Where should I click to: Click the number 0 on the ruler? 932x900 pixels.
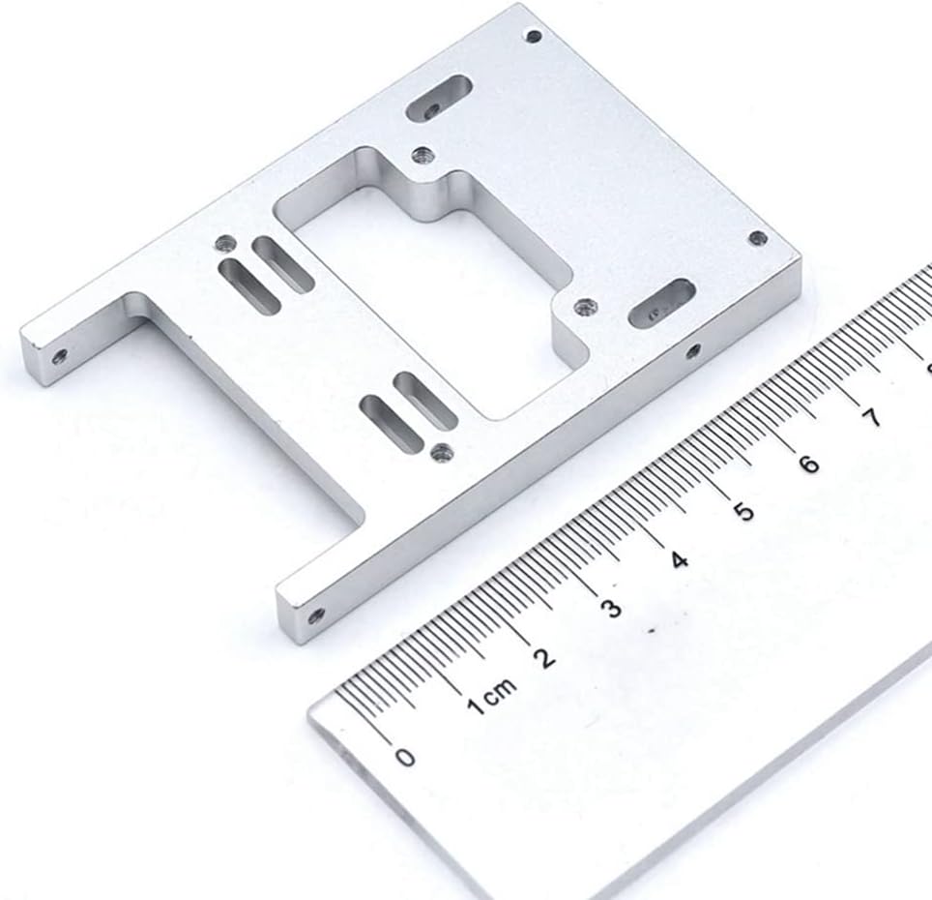pos(405,757)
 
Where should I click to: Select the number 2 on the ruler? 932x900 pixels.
pos(544,658)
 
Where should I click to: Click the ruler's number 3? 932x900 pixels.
pos(611,609)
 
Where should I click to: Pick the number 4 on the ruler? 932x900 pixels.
pos(679,559)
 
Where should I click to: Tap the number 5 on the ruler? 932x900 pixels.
pos(743,512)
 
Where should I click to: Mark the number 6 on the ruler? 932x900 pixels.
pos(809,464)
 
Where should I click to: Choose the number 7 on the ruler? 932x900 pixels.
pos(871,418)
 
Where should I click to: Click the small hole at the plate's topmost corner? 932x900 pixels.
pos(535,36)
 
